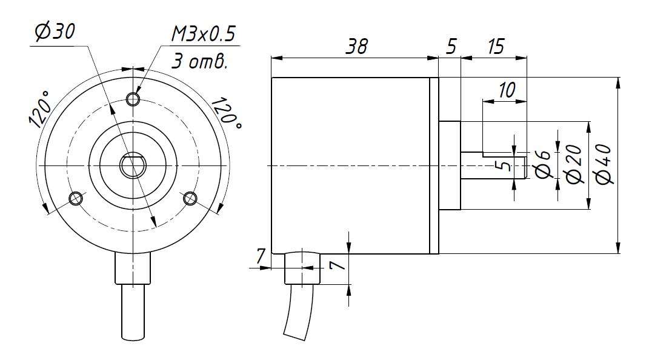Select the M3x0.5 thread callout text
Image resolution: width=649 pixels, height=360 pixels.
tap(203, 34)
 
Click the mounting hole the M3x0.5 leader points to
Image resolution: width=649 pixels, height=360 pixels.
tap(133, 98)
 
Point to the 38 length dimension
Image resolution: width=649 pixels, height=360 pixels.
tap(355, 47)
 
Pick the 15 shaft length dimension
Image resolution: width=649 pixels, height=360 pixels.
tap(496, 47)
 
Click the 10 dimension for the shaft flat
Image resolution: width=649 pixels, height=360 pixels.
tap(505, 90)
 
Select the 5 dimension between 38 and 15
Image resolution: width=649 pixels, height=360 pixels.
tap(450, 47)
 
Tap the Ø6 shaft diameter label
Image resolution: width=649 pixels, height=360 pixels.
tap(544, 164)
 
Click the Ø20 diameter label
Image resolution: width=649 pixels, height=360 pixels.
tap(573, 164)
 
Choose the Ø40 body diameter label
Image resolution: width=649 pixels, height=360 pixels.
tap(604, 164)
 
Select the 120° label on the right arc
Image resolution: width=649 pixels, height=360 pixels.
tap(230, 112)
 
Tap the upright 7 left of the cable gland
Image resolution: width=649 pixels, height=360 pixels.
tap(260, 256)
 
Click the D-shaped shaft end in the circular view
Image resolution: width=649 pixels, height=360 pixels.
tap(133, 165)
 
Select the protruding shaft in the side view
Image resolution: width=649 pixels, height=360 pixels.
tap(494, 165)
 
